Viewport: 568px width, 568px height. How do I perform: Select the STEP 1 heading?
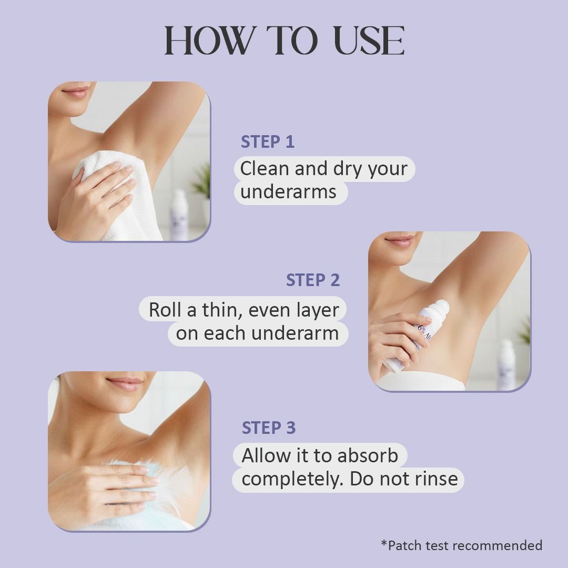(x=268, y=141)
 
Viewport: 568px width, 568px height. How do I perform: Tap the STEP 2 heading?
(x=313, y=280)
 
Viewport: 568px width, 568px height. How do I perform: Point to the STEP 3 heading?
(x=269, y=428)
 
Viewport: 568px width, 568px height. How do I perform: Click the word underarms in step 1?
(x=288, y=191)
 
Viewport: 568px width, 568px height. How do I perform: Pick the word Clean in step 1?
(x=265, y=169)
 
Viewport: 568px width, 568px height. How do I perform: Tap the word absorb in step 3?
(x=367, y=455)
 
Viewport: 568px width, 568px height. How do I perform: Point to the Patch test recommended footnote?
(x=462, y=545)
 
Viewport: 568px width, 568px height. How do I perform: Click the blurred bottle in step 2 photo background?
(x=506, y=364)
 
